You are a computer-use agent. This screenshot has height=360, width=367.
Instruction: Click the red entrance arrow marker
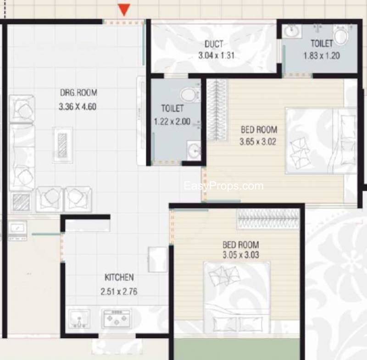[x=124, y=10]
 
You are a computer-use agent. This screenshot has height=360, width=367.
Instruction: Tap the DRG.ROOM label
[x=78, y=93]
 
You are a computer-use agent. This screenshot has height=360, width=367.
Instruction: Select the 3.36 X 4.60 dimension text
[x=78, y=107]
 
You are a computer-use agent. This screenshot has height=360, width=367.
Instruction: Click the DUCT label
[x=214, y=44]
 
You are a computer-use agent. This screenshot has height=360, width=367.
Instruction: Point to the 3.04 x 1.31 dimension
[x=216, y=55]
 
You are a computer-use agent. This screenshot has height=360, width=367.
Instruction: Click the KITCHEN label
[x=119, y=277]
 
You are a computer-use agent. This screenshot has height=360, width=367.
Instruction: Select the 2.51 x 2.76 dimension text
[x=119, y=292]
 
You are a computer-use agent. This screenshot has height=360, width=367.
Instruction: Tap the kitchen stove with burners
[x=117, y=318]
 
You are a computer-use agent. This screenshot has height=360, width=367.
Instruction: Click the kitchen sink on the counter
[x=79, y=319]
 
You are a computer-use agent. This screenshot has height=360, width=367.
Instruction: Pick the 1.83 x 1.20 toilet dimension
[x=322, y=55]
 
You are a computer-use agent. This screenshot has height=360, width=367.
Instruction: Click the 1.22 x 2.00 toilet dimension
[x=172, y=122]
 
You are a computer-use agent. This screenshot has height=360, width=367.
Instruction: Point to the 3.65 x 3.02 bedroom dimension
[x=258, y=142]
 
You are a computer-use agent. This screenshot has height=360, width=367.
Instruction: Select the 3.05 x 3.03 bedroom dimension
[x=241, y=255]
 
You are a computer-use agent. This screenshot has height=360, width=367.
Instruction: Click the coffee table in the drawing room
[x=62, y=145]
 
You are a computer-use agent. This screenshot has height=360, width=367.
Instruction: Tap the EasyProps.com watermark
[x=223, y=186]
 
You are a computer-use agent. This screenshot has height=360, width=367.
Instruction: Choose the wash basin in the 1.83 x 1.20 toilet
[x=291, y=31]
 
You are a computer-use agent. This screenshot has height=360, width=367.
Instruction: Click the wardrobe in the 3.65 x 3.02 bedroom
[x=217, y=111]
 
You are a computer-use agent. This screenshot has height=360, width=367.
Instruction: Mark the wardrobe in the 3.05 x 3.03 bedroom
[x=268, y=219]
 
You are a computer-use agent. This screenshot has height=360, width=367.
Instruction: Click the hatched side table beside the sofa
[x=22, y=202]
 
